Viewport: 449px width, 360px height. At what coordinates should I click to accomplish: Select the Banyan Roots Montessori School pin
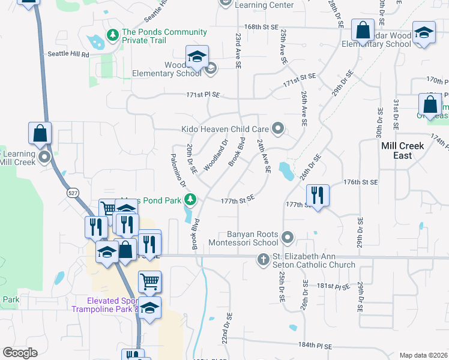click(288, 238)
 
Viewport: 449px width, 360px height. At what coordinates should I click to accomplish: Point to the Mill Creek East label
click(402, 151)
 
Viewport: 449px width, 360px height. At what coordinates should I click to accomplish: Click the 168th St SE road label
click(262, 27)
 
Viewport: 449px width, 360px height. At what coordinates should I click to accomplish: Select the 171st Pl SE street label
click(203, 95)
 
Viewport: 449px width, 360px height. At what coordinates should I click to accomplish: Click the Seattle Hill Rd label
click(68, 54)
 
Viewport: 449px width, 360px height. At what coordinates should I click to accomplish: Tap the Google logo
click(20, 353)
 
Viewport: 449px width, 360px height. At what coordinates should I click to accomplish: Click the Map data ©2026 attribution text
click(423, 355)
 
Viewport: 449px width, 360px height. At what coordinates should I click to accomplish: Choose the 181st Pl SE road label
click(333, 286)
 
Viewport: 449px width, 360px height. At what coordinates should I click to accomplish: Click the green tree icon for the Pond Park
click(190, 199)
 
